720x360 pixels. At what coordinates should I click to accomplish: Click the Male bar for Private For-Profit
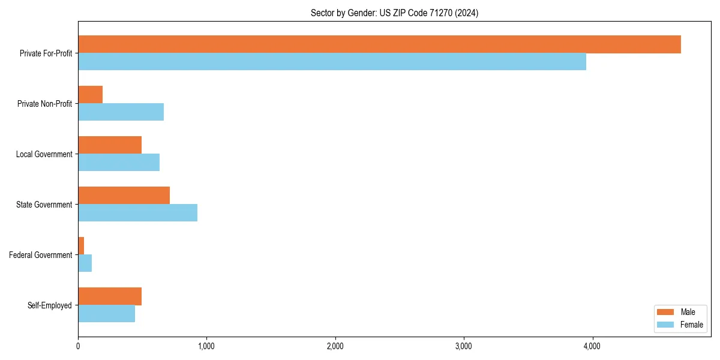click(379, 44)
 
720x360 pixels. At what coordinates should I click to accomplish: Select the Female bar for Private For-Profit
click(332, 62)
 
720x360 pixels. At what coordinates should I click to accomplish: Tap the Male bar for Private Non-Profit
click(91, 95)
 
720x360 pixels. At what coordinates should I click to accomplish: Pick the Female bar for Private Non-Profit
click(121, 112)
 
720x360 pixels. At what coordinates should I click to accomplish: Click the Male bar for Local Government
click(110, 145)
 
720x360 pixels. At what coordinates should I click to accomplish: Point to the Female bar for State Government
click(137, 213)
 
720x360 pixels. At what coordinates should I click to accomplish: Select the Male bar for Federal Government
click(81, 246)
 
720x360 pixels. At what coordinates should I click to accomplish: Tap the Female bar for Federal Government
click(85, 263)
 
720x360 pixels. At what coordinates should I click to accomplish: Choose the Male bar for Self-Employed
click(110, 296)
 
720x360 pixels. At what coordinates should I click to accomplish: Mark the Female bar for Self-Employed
click(106, 314)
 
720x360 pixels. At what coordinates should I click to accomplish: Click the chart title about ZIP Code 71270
click(394, 13)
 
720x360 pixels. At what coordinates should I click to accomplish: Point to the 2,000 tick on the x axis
click(335, 346)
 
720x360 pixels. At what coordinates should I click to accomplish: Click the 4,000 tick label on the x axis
click(592, 346)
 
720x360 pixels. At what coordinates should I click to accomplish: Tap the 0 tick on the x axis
click(78, 346)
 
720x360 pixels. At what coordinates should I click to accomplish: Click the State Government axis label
click(44, 205)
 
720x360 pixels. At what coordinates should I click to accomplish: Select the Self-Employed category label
click(49, 305)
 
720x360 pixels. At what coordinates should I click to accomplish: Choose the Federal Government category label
click(40, 255)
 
